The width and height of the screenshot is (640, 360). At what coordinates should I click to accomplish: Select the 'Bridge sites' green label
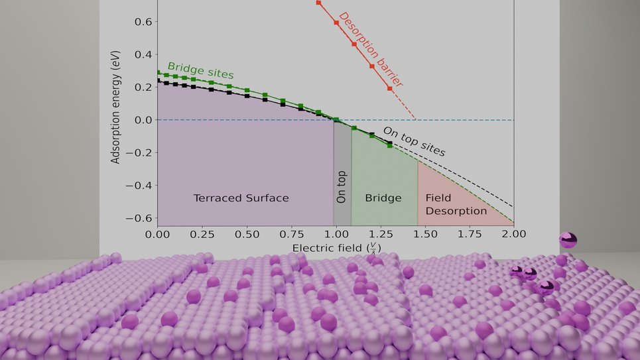tap(200, 71)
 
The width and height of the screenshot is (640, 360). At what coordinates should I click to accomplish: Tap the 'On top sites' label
tap(414, 141)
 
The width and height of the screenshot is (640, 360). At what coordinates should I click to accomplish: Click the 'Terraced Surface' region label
tap(241, 198)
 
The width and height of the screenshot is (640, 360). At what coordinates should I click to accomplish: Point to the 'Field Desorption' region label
tap(456, 204)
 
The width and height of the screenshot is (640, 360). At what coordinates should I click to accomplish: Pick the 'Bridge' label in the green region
tap(383, 198)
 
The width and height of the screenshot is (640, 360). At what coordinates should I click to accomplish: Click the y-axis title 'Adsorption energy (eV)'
tap(116, 110)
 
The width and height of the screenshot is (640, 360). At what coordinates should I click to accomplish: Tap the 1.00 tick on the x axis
tap(336, 234)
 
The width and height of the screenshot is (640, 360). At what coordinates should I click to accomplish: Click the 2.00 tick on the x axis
tap(514, 234)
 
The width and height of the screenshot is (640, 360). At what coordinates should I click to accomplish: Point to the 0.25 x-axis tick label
tap(202, 234)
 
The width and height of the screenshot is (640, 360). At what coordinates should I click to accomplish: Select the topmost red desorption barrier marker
tap(318, 3)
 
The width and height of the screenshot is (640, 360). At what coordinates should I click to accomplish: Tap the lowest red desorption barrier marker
tap(389, 88)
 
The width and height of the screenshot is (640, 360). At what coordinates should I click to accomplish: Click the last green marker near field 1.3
tap(389, 145)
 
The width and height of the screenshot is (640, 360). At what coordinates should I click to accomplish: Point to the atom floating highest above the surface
tap(568, 240)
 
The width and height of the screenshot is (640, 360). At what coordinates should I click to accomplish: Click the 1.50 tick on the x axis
tap(425, 234)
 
